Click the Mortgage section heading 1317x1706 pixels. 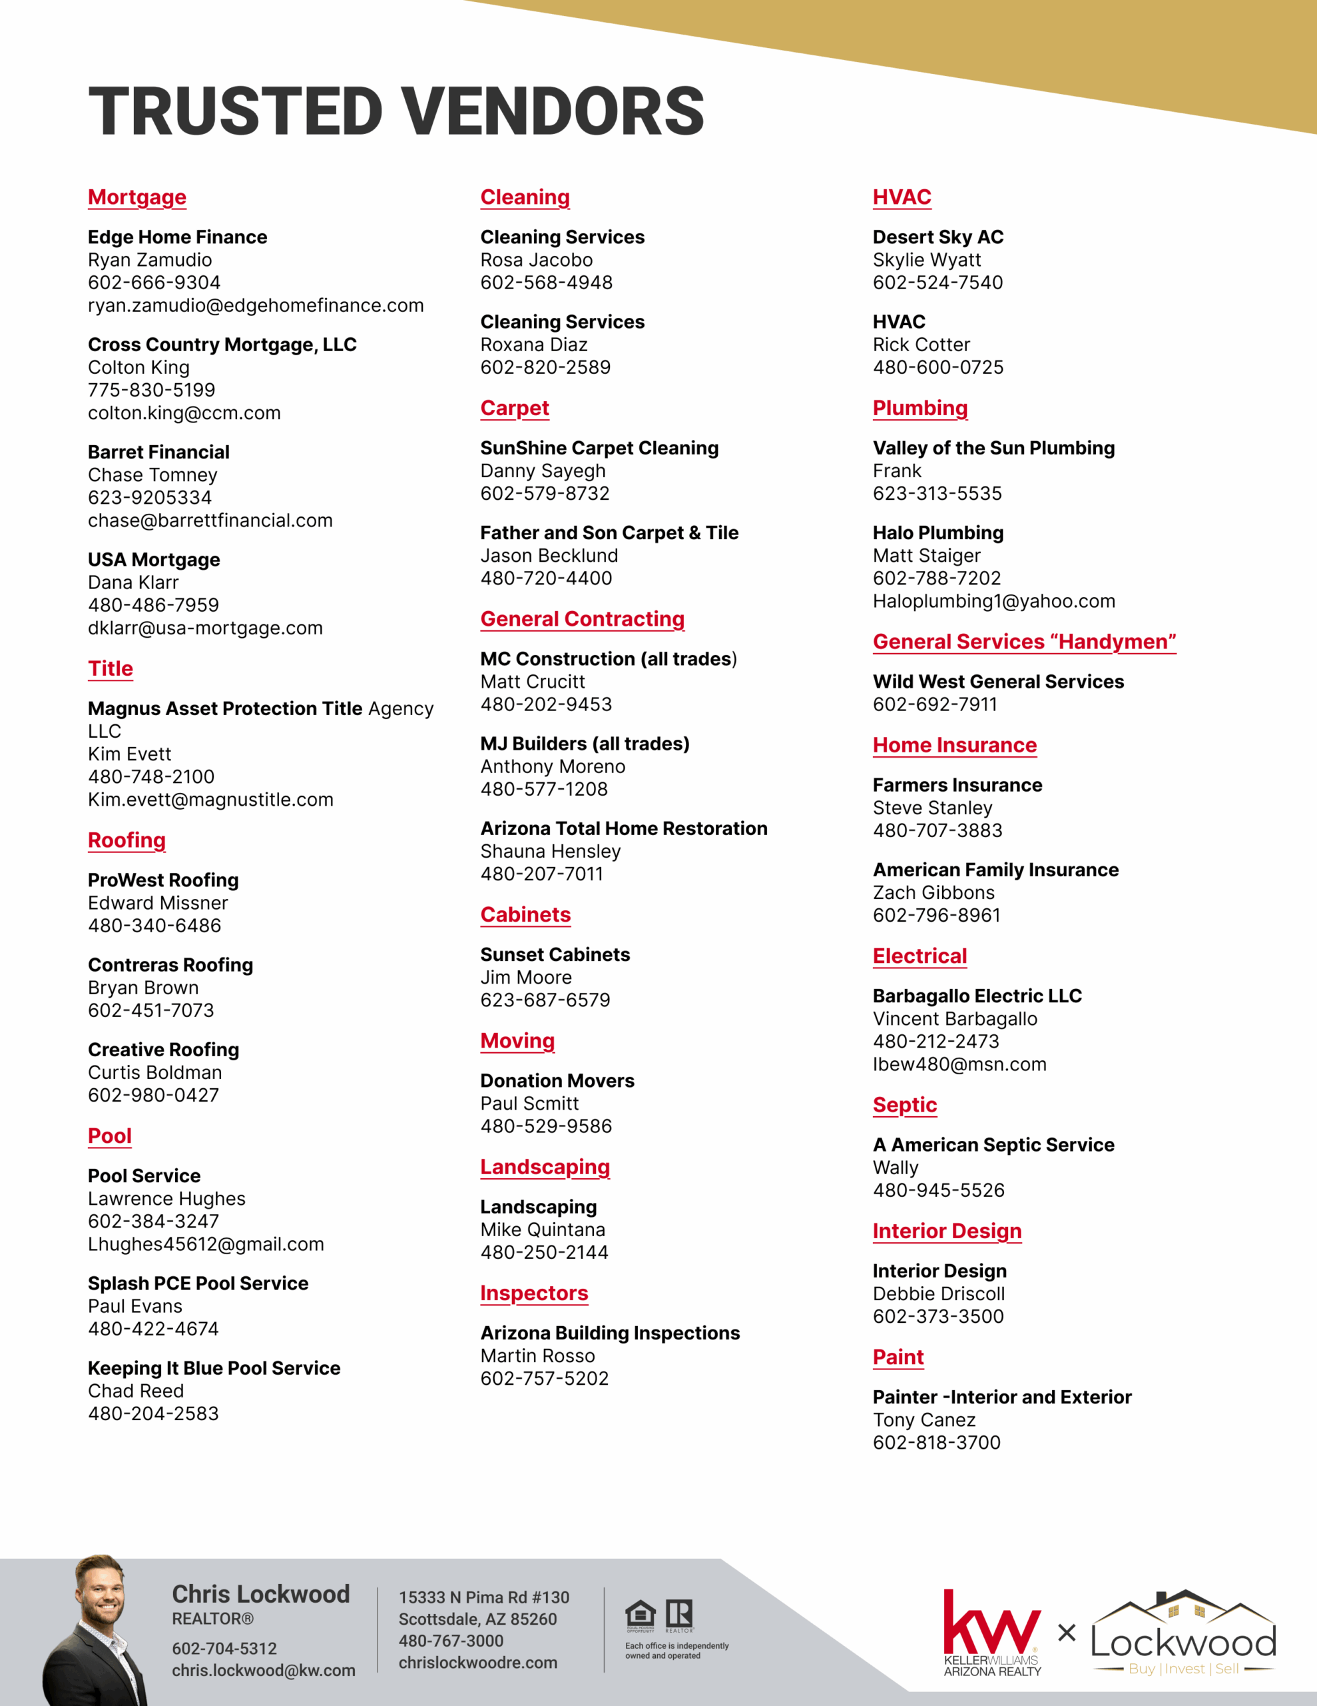coord(136,198)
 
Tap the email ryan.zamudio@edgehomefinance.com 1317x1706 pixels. coord(255,305)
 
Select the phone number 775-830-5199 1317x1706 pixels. coord(151,390)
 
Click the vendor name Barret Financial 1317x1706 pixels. coord(158,452)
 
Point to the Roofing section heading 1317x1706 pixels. coord(127,840)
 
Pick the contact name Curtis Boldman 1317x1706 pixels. coord(154,1072)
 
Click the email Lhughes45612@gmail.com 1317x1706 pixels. coord(205,1244)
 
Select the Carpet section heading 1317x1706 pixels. coord(515,409)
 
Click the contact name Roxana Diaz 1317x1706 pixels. coord(534,345)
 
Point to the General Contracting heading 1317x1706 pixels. coord(583,620)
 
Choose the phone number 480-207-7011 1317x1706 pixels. coord(542,874)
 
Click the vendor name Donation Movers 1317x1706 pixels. coord(557,1080)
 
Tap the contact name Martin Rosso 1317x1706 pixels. coord(537,1356)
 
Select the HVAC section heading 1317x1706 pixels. coord(902,198)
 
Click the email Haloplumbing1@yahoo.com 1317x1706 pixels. coord(994,602)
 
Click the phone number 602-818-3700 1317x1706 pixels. coord(936,1443)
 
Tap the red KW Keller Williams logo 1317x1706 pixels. coord(991,1625)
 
